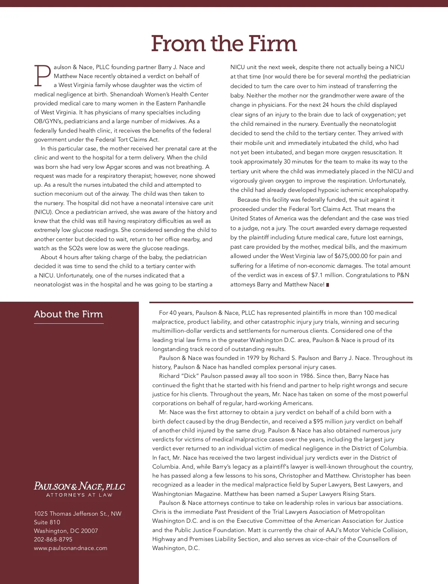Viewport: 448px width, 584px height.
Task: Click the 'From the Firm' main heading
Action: click(x=224, y=44)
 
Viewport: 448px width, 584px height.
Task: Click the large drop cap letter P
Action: click(x=43, y=75)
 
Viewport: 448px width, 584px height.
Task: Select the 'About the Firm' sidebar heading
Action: click(x=68, y=314)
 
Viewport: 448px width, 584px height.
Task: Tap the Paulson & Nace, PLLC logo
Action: click(x=79, y=486)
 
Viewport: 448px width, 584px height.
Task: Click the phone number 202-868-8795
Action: click(x=53, y=540)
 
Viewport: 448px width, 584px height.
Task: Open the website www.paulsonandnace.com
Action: click(x=71, y=548)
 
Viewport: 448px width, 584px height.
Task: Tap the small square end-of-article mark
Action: click(x=328, y=285)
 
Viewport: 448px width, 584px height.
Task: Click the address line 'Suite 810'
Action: click(x=47, y=522)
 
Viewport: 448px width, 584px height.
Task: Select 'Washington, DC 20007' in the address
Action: click(x=66, y=531)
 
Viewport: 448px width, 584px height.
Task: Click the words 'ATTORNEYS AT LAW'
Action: click(x=79, y=495)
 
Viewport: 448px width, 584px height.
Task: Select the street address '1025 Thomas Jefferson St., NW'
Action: click(x=78, y=514)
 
